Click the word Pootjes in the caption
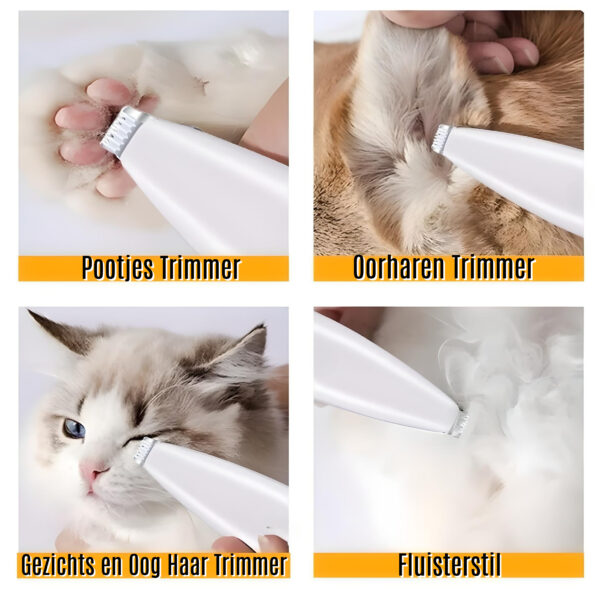pyautogui.click(x=118, y=268)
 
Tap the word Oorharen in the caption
pyautogui.click(x=397, y=267)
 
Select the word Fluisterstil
pyautogui.click(x=449, y=565)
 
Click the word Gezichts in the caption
pyautogui.click(x=57, y=565)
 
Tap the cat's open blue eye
pyautogui.click(x=74, y=429)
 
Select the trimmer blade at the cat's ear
pyautogui.click(x=442, y=139)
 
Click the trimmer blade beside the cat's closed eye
pyautogui.click(x=144, y=451)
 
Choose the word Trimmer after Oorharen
pyautogui.click(x=490, y=267)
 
